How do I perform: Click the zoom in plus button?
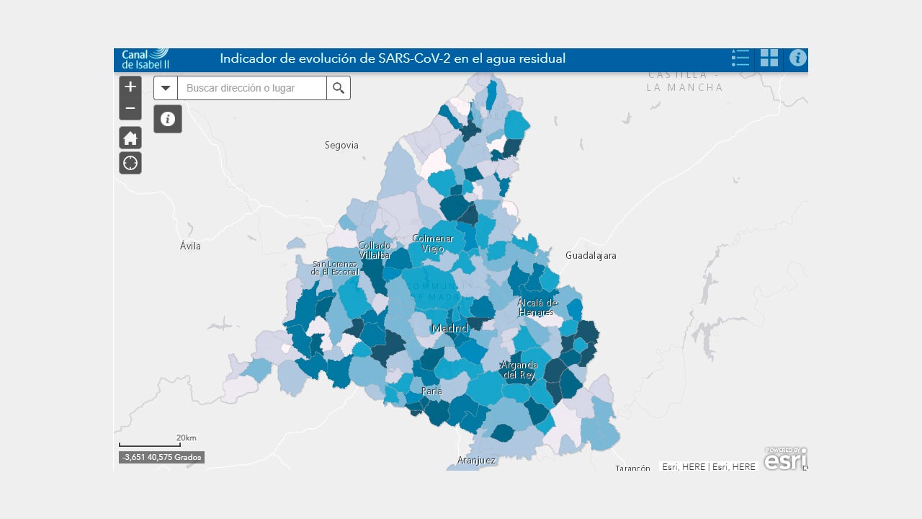130,87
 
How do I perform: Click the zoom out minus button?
130,109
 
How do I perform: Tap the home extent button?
130,138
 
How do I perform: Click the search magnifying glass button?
339,88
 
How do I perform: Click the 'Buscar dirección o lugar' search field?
251,88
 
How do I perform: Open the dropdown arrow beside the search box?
166,88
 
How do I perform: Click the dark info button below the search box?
168,119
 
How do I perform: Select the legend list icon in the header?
740,58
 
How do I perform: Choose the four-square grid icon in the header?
769,58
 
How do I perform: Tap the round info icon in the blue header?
797,58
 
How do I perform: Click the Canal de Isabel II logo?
145,58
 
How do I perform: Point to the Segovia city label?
341,146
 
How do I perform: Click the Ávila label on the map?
190,247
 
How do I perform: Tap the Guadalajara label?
591,256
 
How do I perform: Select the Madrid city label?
449,329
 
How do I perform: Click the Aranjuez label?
476,460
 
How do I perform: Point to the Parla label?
431,391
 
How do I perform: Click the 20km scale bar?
150,443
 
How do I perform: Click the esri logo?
785,459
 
